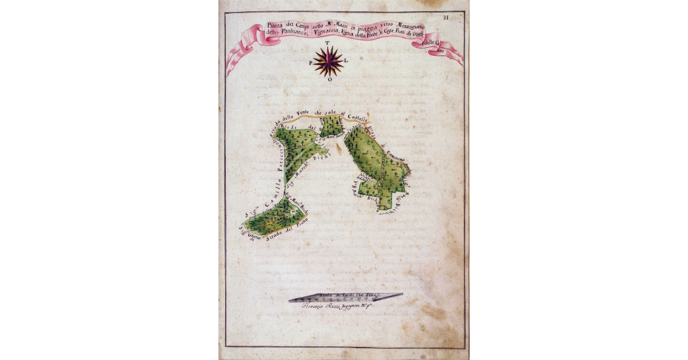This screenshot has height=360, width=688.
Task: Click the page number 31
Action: click(x=446, y=17)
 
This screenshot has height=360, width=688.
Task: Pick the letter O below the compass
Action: click(x=329, y=80)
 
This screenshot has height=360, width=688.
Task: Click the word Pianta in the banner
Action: click(x=276, y=26)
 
